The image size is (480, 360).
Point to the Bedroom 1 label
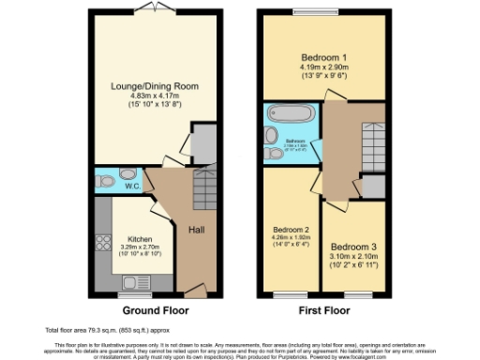[x=324, y=54]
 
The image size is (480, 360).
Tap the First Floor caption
[x=323, y=310]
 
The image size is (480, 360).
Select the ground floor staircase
[x=202, y=192]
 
